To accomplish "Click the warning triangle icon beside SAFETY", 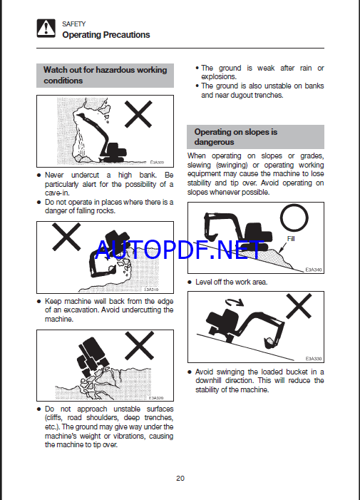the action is click(x=46, y=28).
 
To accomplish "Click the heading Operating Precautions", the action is click(x=106, y=35).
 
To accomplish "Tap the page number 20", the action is click(x=180, y=479).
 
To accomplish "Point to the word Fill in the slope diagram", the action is click(x=291, y=239).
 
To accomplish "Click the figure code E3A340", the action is click(x=314, y=270).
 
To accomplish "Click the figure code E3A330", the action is click(x=314, y=359).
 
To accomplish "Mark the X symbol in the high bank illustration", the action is click(x=138, y=114).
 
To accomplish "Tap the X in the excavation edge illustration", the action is click(x=66, y=237).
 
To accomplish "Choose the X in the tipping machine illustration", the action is click(x=139, y=346).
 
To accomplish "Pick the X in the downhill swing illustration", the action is click(x=299, y=307).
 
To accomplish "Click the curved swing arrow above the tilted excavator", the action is click(x=234, y=301).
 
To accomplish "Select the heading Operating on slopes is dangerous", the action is click(x=236, y=137).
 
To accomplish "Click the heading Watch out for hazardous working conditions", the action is click(x=105, y=76).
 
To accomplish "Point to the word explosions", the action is click(x=219, y=77).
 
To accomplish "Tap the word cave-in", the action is click(x=57, y=193).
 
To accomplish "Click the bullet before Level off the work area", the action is click(x=190, y=282).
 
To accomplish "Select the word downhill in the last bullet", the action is click(x=208, y=381).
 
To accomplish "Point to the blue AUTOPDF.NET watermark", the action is click(x=180, y=250).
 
